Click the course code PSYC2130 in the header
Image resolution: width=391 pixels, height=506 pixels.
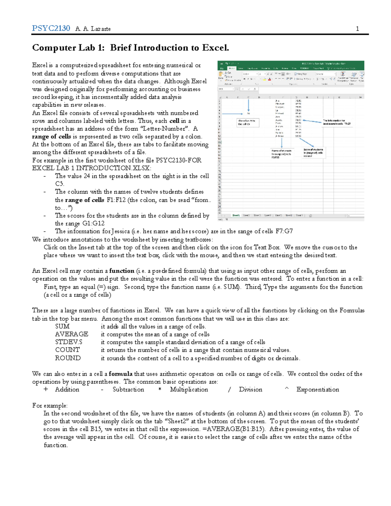point(51,28)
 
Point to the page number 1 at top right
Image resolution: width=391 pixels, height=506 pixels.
point(357,29)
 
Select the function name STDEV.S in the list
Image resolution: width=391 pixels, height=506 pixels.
point(69,342)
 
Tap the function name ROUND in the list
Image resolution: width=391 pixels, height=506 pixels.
point(68,358)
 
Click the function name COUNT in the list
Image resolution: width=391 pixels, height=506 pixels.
point(67,350)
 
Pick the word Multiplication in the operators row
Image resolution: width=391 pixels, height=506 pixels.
point(189,390)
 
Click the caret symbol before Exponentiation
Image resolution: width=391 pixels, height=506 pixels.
point(287,389)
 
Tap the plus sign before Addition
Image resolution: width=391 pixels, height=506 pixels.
point(46,390)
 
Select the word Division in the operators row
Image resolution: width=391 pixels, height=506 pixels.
point(250,390)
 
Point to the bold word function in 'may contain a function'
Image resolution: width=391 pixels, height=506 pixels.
point(122,271)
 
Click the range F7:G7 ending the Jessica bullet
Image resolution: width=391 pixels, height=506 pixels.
point(284,231)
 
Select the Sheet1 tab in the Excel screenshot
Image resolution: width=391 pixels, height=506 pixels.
point(236,215)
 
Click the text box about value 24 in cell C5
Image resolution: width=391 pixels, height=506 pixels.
point(247,122)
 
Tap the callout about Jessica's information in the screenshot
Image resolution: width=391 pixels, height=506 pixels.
point(337,122)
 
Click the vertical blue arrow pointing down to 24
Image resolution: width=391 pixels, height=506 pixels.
point(248,105)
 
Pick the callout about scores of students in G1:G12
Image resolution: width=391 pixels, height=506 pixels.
point(313,152)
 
